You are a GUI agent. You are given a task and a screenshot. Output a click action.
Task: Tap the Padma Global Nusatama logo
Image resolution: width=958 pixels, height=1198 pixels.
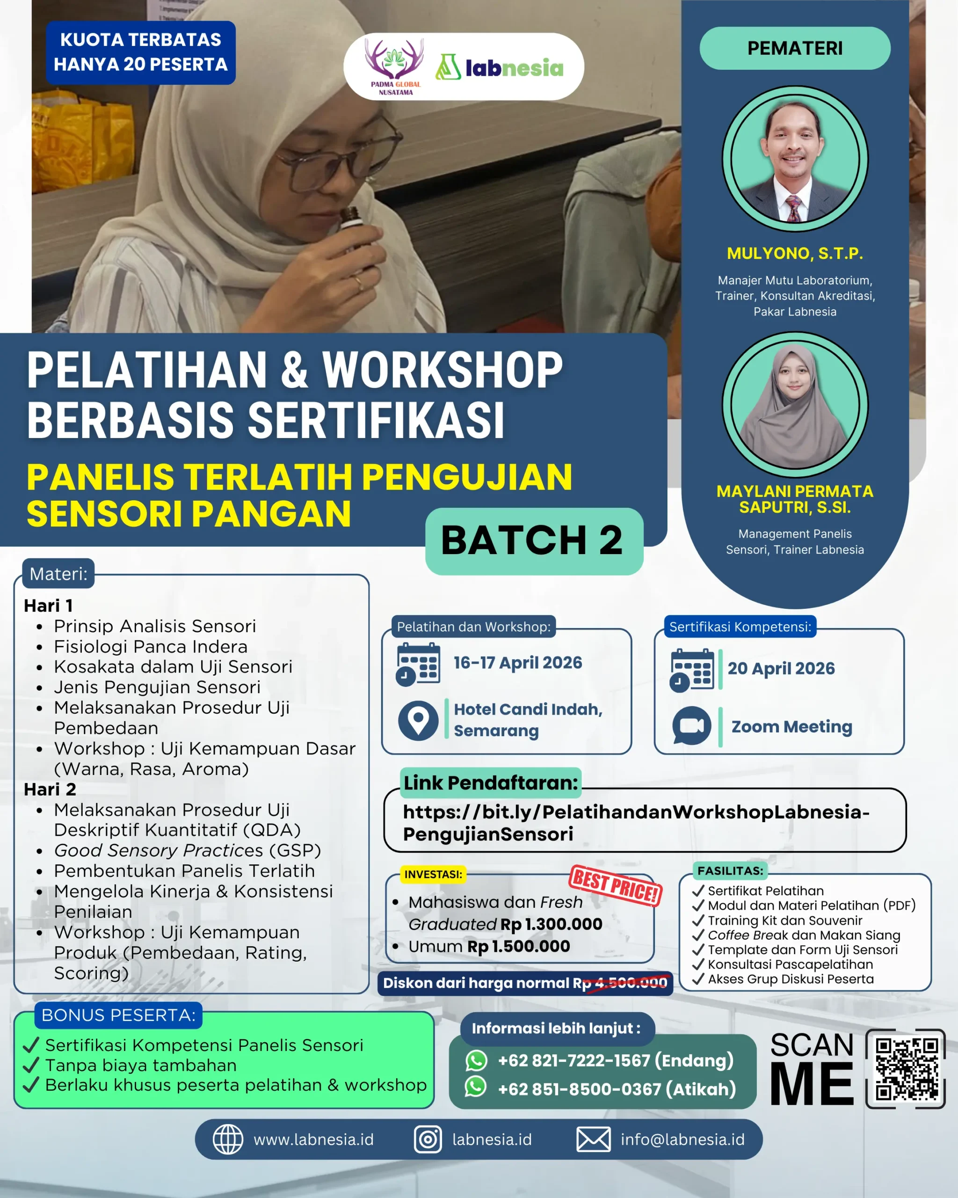coord(395,66)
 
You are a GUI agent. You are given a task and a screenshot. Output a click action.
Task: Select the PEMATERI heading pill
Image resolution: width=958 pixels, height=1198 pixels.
coord(795,48)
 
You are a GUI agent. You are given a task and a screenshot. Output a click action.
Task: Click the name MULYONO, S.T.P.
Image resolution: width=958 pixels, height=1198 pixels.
coord(795,253)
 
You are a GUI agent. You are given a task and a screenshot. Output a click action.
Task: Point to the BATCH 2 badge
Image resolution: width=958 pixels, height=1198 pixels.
coord(534,541)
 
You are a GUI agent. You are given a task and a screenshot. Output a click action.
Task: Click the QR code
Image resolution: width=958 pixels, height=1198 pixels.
coord(906,1068)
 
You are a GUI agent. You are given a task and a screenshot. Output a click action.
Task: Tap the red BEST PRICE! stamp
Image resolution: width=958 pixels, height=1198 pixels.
coord(615,886)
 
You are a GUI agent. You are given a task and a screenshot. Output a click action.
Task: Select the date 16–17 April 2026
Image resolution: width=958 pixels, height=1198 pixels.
coord(518,662)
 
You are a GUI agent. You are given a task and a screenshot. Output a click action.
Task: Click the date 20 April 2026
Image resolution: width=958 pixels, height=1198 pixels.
coord(781,668)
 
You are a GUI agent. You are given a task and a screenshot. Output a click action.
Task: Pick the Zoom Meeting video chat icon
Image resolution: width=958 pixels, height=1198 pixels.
coord(691,726)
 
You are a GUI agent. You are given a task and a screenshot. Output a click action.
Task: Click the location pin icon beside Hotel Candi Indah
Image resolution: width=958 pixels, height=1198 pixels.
coord(418,720)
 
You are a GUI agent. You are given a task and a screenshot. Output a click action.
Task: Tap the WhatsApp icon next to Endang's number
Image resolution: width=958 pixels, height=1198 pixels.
coord(476,1060)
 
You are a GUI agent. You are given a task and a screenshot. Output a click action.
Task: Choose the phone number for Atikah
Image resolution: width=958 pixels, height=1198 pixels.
coord(617,1089)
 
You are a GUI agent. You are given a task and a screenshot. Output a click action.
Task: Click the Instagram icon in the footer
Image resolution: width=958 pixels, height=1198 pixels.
coord(428,1140)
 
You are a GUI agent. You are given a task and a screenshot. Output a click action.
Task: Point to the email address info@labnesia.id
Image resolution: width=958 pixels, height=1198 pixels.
coord(682,1140)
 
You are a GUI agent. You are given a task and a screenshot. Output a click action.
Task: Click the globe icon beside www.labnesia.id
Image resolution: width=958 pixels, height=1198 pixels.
coord(228,1140)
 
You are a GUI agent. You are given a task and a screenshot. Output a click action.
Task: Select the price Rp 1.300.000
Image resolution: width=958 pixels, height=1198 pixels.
coord(552,924)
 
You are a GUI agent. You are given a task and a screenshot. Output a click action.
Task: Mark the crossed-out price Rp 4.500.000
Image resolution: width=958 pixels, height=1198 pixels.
coord(631,983)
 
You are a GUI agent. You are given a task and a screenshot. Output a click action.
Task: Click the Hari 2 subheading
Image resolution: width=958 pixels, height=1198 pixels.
coord(50,789)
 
